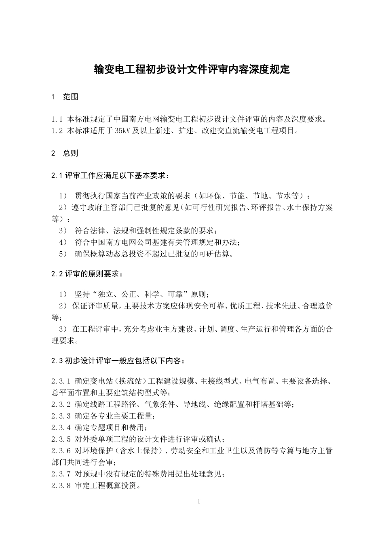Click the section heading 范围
71,97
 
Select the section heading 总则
71,154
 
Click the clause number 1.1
57,120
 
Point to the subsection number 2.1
57,176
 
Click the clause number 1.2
57,131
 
